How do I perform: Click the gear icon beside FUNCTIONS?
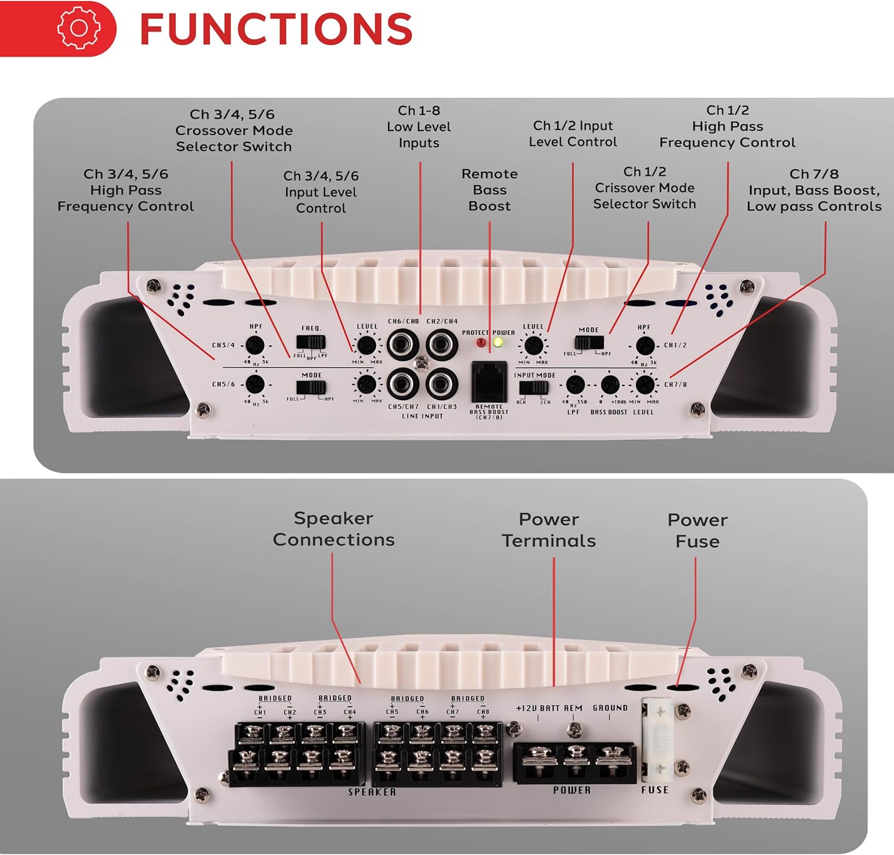[x=78, y=27]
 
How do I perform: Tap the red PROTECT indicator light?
[x=481, y=343]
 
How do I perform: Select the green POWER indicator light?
[x=498, y=343]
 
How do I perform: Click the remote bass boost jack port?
[x=489, y=382]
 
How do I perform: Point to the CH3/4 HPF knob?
[x=255, y=345]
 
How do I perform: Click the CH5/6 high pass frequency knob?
[x=255, y=384]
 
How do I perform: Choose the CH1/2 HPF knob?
[x=644, y=346]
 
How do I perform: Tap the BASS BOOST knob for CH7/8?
[x=610, y=385]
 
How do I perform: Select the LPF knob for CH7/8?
[x=575, y=385]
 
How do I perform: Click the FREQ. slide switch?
[x=311, y=342]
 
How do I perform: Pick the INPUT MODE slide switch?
[x=533, y=388]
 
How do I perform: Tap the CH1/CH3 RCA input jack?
[x=442, y=384]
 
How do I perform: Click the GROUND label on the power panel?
[x=610, y=708]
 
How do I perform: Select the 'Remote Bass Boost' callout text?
[x=489, y=190]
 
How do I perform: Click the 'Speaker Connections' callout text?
[x=333, y=529]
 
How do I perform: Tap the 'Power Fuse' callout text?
[x=697, y=531]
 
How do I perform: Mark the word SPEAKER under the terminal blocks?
[x=372, y=792]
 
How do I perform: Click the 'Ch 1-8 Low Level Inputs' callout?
[x=419, y=127]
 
